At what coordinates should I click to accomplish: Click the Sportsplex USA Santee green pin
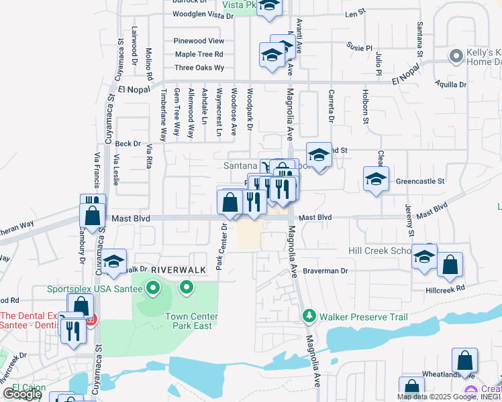pyautogui.click(x=153, y=289)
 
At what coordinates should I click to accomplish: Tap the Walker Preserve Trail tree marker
pyautogui.click(x=309, y=315)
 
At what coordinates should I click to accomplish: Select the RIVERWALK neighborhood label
pyautogui.click(x=177, y=269)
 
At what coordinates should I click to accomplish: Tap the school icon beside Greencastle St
pyautogui.click(x=376, y=179)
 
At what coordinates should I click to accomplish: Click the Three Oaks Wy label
pyautogui.click(x=199, y=68)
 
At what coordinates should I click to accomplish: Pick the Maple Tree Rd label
pyautogui.click(x=199, y=54)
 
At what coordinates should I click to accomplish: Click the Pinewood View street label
pyautogui.click(x=199, y=41)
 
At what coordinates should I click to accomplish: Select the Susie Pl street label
pyautogui.click(x=360, y=48)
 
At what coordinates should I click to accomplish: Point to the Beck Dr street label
pyautogui.click(x=128, y=143)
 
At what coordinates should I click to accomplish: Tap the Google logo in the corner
pyautogui.click(x=21, y=394)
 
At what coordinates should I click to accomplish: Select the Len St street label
pyautogui.click(x=354, y=13)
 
